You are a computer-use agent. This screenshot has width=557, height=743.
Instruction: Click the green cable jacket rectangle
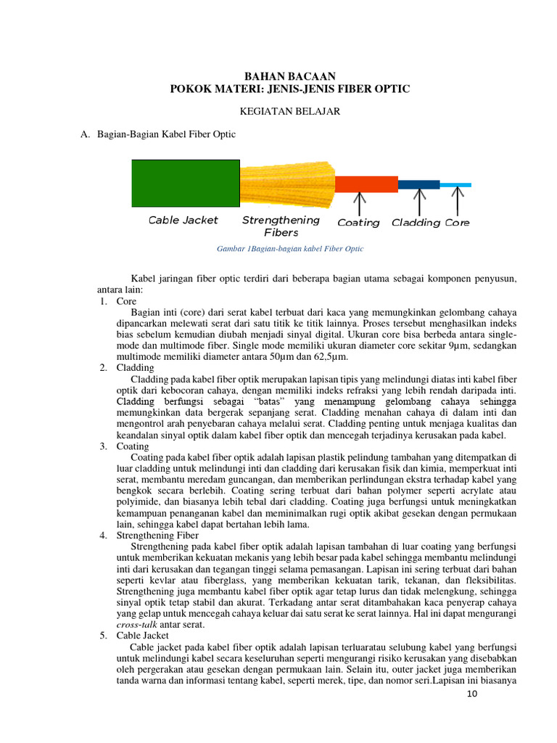point(185,183)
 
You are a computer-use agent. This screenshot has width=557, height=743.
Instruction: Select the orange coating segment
point(366,184)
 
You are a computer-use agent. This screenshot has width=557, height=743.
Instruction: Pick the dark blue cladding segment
point(418,184)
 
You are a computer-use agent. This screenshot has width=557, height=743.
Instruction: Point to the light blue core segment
point(455,185)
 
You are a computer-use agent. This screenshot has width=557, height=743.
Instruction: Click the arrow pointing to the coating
point(363,202)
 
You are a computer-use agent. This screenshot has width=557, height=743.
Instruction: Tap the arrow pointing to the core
point(457,202)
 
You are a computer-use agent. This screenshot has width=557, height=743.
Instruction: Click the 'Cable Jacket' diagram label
point(183,220)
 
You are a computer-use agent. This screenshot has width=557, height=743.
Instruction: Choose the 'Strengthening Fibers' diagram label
point(281,226)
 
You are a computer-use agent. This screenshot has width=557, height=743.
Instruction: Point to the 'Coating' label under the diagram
point(358,223)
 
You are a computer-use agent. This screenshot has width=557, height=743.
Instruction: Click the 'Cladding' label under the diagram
point(416,223)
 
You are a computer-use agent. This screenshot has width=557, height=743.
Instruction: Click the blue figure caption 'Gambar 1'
point(290,248)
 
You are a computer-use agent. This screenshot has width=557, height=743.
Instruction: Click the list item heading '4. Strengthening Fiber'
point(157,535)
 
